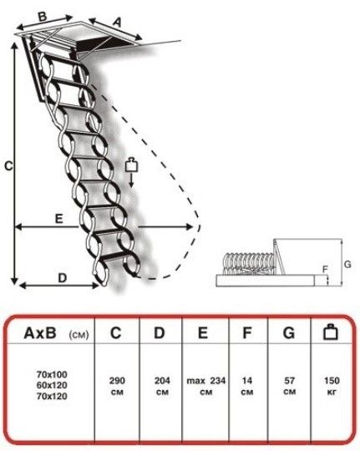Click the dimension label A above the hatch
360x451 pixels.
tap(117, 23)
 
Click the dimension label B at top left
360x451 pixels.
tap(43, 16)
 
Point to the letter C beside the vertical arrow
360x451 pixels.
tap(8, 166)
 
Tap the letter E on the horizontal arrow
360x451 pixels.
tap(59, 219)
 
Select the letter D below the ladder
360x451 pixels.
tap(63, 278)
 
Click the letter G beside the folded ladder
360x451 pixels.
tap(347, 264)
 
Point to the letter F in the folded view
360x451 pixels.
tap(325, 269)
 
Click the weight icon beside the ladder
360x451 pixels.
tap(131, 165)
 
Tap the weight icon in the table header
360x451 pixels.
tap(331, 332)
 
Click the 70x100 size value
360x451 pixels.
tap(52, 374)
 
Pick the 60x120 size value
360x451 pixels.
tap(52, 385)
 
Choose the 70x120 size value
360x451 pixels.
tap(52, 396)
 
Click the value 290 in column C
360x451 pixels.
tap(117, 381)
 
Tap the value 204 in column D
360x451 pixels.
tap(162, 381)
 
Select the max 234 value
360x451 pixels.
tap(206, 381)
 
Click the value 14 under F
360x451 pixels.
tap(247, 381)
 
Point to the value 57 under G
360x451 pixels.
tap(290, 381)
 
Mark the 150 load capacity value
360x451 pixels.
tap(332, 381)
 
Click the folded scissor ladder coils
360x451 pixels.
tap(249, 263)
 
